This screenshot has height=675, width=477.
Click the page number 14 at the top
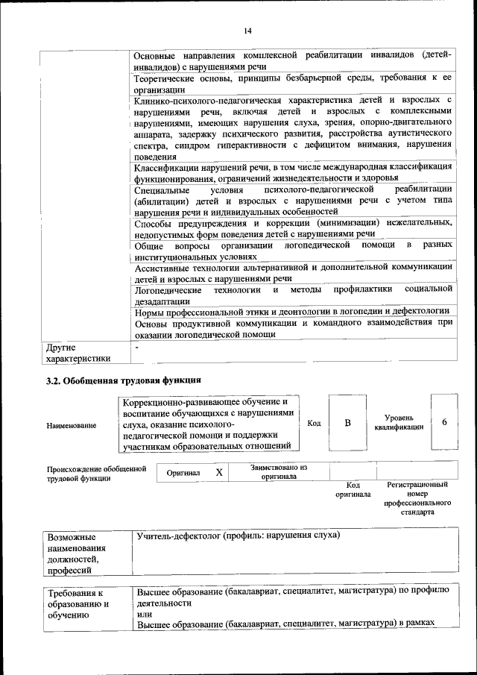(247, 31)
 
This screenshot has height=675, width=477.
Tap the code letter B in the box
(347, 423)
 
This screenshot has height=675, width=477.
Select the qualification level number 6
(444, 422)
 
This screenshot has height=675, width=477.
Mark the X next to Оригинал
(218, 473)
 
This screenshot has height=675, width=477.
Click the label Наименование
(71, 425)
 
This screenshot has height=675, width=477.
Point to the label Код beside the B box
(314, 423)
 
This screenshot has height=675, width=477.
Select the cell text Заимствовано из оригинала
(279, 472)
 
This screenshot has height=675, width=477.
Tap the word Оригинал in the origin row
(182, 474)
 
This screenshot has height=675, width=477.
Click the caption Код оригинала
(353, 490)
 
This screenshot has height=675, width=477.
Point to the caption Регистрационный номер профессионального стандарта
(417, 498)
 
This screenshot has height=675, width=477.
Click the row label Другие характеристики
(78, 353)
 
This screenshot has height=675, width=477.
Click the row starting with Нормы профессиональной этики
(291, 310)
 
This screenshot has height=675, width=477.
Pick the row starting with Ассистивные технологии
(293, 271)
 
